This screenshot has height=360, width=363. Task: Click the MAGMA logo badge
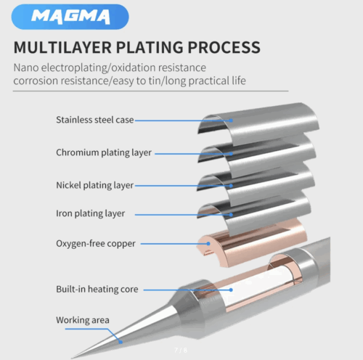point(70,17)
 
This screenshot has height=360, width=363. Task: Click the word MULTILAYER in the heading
point(62,47)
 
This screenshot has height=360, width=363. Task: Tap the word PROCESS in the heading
point(224,47)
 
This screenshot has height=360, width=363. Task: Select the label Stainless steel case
point(95,120)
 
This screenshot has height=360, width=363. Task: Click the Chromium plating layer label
point(104,152)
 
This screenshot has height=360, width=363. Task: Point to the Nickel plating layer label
point(94,185)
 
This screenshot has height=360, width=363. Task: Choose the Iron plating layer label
point(91,213)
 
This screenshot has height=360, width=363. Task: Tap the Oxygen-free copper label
point(96,243)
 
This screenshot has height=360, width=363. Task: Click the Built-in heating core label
point(97,289)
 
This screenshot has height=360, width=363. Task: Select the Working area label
point(83,320)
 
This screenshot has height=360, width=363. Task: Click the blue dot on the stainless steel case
point(231,120)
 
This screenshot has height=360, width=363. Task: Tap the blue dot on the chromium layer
point(231,154)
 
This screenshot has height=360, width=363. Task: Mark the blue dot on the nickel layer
point(231,186)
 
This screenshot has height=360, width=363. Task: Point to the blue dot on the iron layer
point(231,215)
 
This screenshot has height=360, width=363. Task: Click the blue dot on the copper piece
point(208,244)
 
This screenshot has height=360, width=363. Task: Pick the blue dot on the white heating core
point(231,290)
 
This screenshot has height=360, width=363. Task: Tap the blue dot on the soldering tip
point(121,342)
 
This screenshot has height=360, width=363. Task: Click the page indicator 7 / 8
point(181,350)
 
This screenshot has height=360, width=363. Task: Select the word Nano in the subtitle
point(26,67)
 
